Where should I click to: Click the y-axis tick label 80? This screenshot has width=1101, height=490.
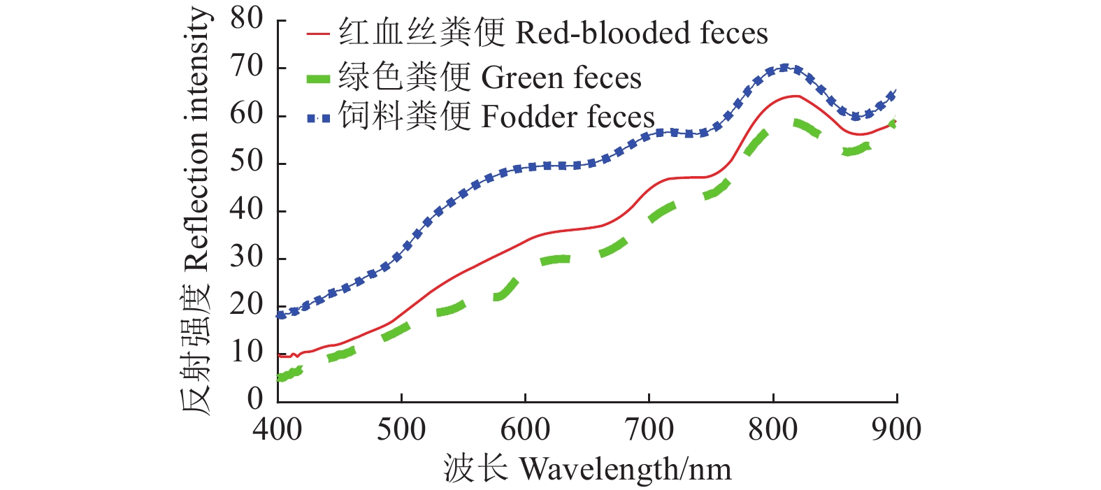[x=247, y=19]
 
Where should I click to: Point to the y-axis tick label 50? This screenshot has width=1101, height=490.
[x=247, y=162]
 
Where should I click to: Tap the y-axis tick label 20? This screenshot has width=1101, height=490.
[x=247, y=305]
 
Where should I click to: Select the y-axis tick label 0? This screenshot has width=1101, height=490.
[x=255, y=398]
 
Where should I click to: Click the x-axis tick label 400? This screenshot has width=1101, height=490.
[x=278, y=429]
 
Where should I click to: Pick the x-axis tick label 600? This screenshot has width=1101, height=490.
[x=525, y=429]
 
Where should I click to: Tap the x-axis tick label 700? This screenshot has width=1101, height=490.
[x=649, y=429]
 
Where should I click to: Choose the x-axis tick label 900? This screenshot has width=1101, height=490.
[x=896, y=429]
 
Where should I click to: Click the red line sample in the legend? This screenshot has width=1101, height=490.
[x=318, y=34]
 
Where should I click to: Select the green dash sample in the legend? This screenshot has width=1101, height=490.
[x=318, y=78]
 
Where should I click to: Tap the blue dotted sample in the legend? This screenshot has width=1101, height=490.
[x=318, y=118]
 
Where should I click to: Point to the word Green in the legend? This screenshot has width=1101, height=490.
[x=521, y=78]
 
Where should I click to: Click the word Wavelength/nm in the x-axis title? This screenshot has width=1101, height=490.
[x=626, y=469]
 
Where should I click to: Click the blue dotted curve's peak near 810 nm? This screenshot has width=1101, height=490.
[x=784, y=68]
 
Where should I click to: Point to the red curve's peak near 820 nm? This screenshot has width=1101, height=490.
[x=796, y=96]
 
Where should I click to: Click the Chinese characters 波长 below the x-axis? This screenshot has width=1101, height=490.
[x=475, y=468]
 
